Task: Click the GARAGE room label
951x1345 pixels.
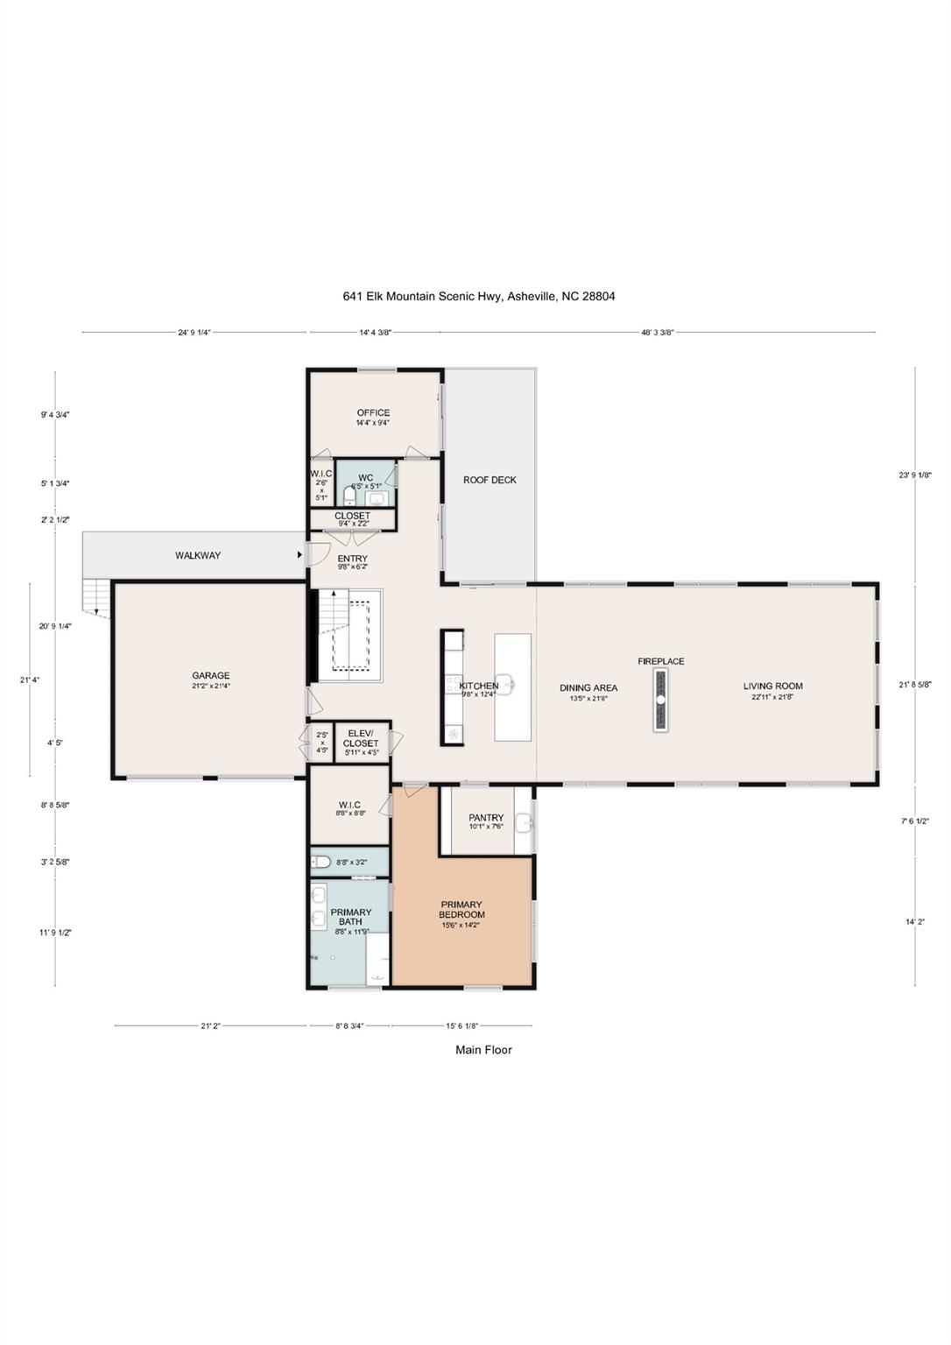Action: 211,676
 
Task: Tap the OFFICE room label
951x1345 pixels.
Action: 373,413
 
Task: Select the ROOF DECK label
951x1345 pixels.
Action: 490,480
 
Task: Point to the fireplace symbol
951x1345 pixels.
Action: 660,700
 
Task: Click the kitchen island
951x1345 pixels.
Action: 513,687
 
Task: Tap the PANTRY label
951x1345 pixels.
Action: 486,818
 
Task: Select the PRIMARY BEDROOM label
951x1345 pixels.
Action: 461,910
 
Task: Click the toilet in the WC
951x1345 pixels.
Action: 349,497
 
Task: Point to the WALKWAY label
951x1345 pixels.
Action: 198,555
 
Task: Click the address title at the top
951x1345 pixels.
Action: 479,296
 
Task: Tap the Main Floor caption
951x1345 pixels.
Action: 483,1050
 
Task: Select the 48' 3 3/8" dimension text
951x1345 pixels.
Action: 657,333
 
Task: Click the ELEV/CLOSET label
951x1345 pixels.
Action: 361,738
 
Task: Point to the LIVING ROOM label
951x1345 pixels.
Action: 773,687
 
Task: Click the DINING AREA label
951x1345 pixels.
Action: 588,688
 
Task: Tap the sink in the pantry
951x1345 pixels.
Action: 524,821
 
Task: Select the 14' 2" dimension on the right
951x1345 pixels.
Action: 916,921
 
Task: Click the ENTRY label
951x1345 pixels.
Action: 353,559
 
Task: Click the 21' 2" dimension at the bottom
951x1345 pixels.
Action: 211,1025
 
